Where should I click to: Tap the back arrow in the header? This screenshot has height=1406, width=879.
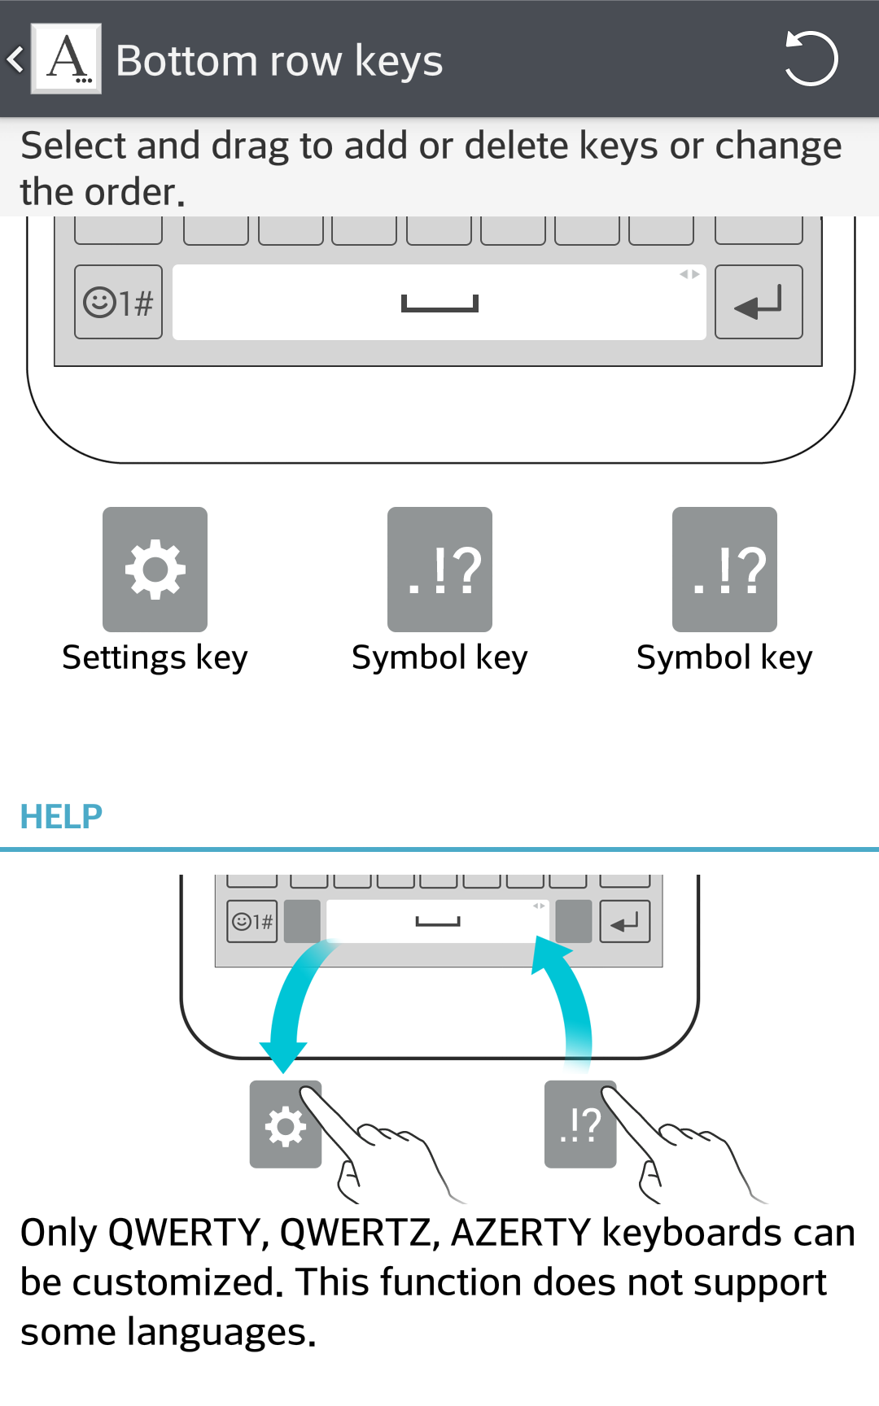tap(15, 59)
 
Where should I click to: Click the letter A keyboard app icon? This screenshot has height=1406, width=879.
tap(66, 59)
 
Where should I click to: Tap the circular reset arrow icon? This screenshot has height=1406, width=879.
tap(811, 59)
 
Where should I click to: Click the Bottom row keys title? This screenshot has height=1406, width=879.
tap(279, 61)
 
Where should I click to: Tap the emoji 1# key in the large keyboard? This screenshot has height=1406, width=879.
tap(118, 303)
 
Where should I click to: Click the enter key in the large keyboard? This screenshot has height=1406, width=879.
tap(759, 303)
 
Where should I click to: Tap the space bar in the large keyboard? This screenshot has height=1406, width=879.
tap(439, 303)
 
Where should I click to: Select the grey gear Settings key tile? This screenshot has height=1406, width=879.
tap(155, 570)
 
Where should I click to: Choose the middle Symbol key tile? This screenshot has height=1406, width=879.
tap(439, 570)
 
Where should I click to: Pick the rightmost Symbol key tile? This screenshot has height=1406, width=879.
tap(724, 570)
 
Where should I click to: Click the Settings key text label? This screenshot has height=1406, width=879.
tap(155, 657)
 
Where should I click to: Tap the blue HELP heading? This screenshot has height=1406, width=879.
tap(61, 816)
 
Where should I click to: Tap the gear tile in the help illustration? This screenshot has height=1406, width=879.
tap(285, 1125)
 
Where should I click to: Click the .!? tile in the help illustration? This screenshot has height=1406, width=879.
tap(579, 1125)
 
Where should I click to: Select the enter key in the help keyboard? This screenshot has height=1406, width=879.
tap(625, 922)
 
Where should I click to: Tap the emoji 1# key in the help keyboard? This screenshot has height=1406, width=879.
tap(252, 922)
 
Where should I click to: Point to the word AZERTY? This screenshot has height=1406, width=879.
tap(521, 1234)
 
